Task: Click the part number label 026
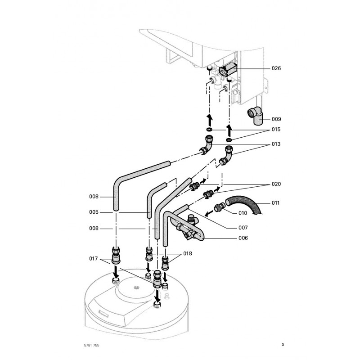(x=276, y=68)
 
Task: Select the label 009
(x=276, y=119)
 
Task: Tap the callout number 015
(x=276, y=130)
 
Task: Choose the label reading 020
(x=276, y=184)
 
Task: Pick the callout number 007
(x=243, y=228)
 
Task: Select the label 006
(x=243, y=238)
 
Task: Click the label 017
(x=93, y=258)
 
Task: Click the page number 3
(x=283, y=345)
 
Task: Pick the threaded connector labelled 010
(x=220, y=207)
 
